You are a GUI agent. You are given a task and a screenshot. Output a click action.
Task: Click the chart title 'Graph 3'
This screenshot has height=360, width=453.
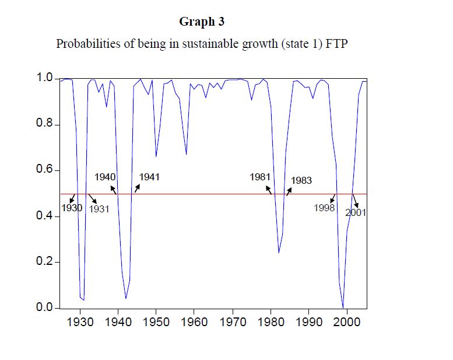(x=202, y=22)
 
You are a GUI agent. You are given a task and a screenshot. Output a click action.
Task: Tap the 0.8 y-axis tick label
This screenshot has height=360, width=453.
(x=45, y=124)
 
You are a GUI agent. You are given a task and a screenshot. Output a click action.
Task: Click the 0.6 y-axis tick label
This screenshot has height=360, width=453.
(x=45, y=170)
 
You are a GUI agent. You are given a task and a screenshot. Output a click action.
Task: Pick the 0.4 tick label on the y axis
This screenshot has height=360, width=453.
(x=45, y=216)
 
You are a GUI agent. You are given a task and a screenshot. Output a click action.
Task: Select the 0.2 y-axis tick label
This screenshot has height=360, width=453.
(x=45, y=262)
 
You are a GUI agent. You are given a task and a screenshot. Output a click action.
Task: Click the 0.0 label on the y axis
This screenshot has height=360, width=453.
(x=45, y=307)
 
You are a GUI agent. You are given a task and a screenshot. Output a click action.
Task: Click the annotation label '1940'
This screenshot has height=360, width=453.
(x=105, y=177)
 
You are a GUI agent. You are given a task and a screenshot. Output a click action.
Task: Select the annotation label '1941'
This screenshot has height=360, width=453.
(x=149, y=177)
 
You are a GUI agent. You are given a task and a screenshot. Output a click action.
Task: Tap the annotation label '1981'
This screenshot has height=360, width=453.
(x=260, y=177)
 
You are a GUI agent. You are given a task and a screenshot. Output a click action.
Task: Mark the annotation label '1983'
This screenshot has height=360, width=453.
(x=301, y=181)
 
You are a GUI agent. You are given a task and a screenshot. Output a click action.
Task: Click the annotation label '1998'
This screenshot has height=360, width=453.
(x=324, y=208)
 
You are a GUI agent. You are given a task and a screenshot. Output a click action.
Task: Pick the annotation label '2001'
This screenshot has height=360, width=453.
(x=356, y=213)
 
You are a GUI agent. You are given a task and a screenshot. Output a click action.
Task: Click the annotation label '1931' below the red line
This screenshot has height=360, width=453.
(x=99, y=209)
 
